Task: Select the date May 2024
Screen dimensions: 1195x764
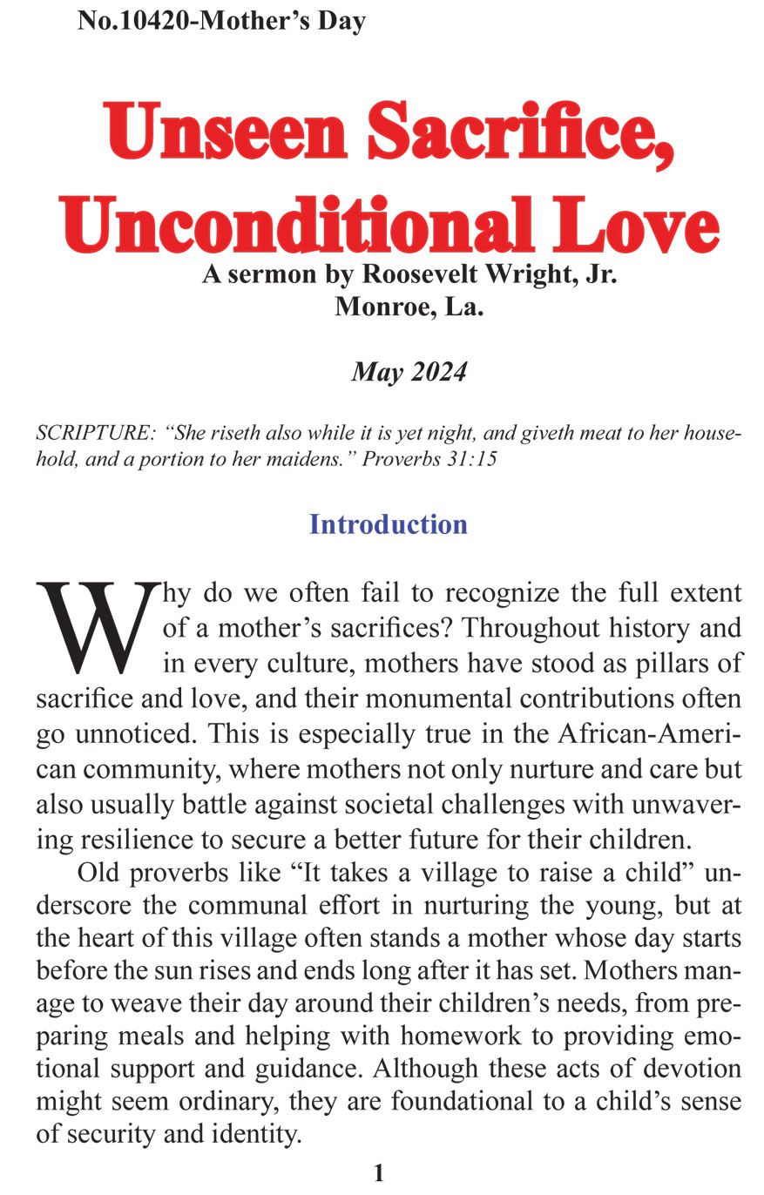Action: point(409,373)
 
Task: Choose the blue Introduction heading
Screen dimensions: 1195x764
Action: point(389,524)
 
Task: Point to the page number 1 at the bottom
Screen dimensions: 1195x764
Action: point(379,1173)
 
